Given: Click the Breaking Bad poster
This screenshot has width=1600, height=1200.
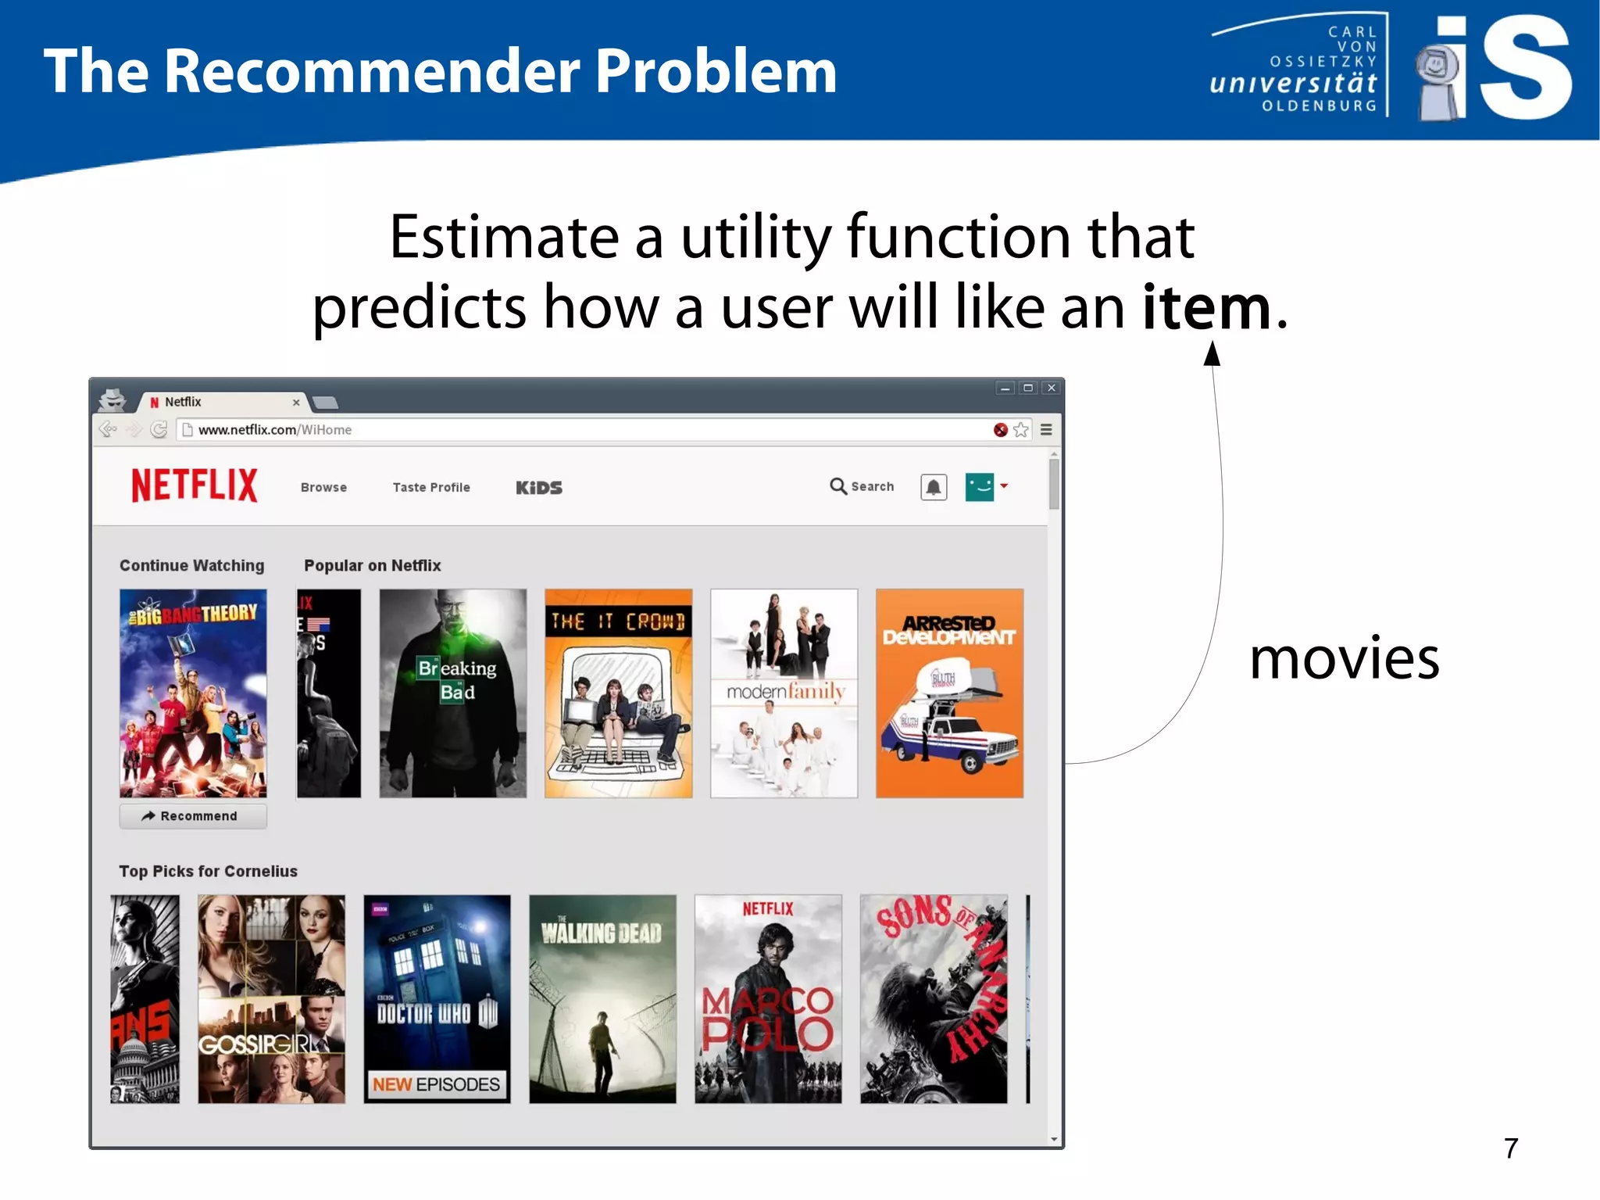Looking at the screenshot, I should tap(452, 693).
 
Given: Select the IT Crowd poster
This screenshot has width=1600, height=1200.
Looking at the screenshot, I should tap(618, 693).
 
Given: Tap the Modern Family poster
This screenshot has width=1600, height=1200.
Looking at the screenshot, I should tap(784, 693).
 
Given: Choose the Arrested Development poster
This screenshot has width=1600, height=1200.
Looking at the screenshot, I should tap(949, 693).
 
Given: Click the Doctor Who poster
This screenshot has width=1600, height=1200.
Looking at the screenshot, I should tap(437, 998).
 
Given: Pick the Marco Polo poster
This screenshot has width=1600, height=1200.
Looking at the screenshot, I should tap(768, 998).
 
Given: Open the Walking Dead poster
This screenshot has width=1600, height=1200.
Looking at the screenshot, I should tap(602, 998).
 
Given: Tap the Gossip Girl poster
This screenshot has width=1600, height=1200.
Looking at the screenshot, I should tap(271, 998).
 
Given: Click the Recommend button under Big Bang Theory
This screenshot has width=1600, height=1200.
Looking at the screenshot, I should tap(193, 816).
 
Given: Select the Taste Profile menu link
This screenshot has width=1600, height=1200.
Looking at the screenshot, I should tap(431, 487).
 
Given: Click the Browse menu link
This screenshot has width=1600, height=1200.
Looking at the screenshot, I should tap(323, 487).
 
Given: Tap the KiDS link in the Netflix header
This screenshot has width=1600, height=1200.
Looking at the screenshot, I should tap(539, 487).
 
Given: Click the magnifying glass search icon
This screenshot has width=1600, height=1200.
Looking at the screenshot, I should tap(837, 486).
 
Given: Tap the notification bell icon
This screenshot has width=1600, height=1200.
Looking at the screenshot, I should tap(934, 487).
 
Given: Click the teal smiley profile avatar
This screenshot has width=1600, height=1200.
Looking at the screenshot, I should tap(980, 486).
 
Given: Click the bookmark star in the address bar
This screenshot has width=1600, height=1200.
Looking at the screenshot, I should tap(1021, 430).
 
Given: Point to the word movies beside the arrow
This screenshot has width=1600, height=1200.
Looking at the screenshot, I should tap(1344, 658).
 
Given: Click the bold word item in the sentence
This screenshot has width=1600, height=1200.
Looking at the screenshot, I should tap(1206, 307).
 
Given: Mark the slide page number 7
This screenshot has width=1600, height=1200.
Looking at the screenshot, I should tap(1511, 1148).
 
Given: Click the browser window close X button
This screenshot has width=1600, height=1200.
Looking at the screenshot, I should tap(1052, 388).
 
